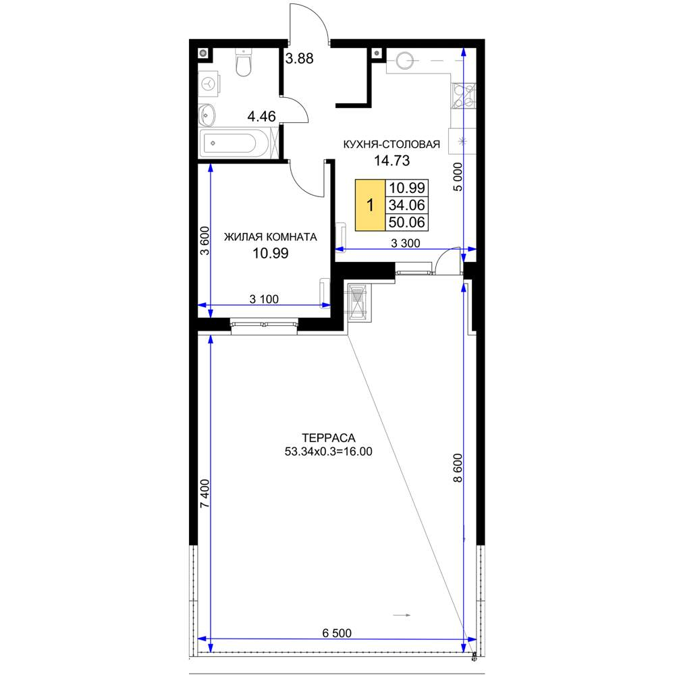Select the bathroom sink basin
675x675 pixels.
coord(207,115)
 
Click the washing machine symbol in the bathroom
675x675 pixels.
coord(209,84)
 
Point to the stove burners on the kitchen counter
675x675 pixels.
coord(463,96)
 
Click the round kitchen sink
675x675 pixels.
coord(405,61)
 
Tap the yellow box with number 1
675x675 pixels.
coord(370,205)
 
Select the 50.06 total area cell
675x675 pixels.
coord(407,222)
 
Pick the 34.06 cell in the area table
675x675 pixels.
coord(407,205)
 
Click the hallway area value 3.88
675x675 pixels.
coord(300,58)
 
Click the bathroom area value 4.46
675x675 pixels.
coord(262,116)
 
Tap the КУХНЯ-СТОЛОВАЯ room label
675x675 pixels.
coord(391,144)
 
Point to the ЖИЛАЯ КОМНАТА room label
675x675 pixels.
coord(271,237)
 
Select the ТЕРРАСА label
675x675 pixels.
coord(329,438)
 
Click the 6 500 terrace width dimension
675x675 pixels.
coord(337,633)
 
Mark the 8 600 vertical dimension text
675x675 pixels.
coord(458,468)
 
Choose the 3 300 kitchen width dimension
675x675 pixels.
coord(406,243)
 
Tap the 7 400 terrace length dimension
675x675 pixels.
coord(205,493)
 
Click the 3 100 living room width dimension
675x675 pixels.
coord(264,299)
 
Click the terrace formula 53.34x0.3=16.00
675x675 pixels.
coord(329,452)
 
